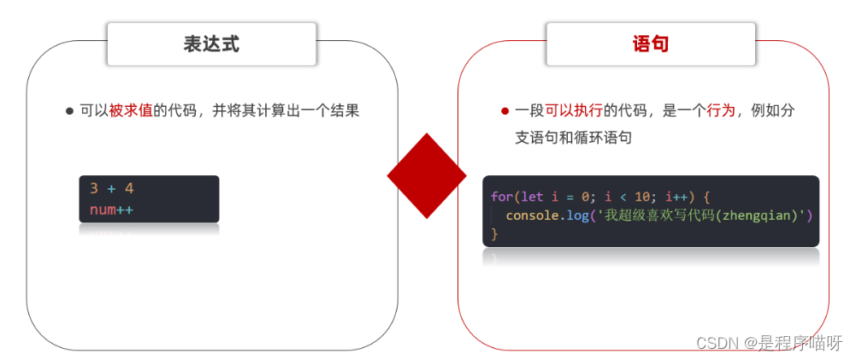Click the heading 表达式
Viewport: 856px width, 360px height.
211,44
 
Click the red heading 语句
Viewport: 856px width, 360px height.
650,44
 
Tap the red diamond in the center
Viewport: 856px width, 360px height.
427,175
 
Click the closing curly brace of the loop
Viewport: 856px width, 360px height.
494,233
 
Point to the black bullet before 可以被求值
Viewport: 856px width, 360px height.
69,111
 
